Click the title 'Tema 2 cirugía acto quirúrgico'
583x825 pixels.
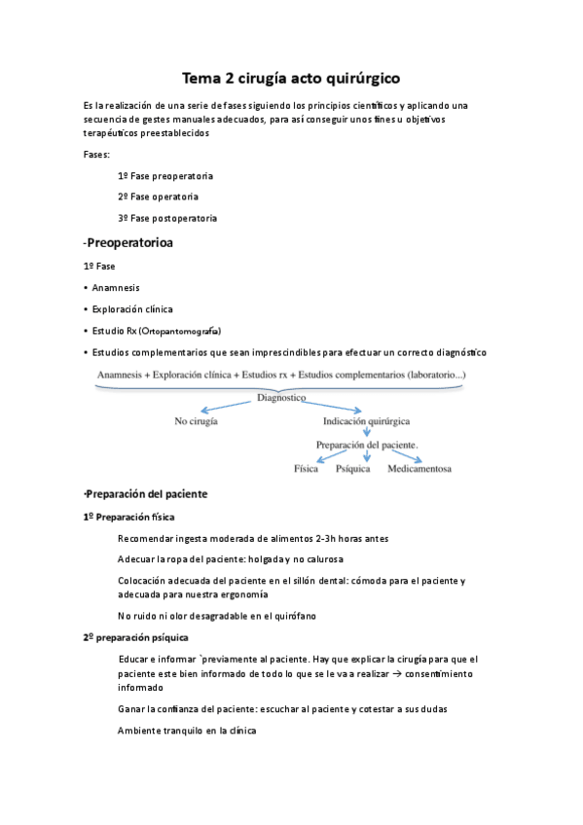291,77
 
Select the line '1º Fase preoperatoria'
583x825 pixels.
165,176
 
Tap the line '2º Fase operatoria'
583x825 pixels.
158,197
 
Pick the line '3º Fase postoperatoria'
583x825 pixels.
167,218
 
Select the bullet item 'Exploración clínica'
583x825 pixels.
132,308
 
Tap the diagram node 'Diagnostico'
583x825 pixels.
281,398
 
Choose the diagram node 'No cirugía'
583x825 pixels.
196,421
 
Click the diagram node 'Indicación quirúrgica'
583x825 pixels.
366,421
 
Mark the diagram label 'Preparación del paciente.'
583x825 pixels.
367,445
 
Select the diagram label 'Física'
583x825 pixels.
306,468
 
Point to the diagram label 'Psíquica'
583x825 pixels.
353,468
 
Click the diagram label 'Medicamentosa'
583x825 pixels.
419,468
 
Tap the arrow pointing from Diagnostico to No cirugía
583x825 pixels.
229,408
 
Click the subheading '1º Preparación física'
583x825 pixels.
129,517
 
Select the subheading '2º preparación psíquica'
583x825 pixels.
135,636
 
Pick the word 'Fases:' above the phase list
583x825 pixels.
97,155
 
